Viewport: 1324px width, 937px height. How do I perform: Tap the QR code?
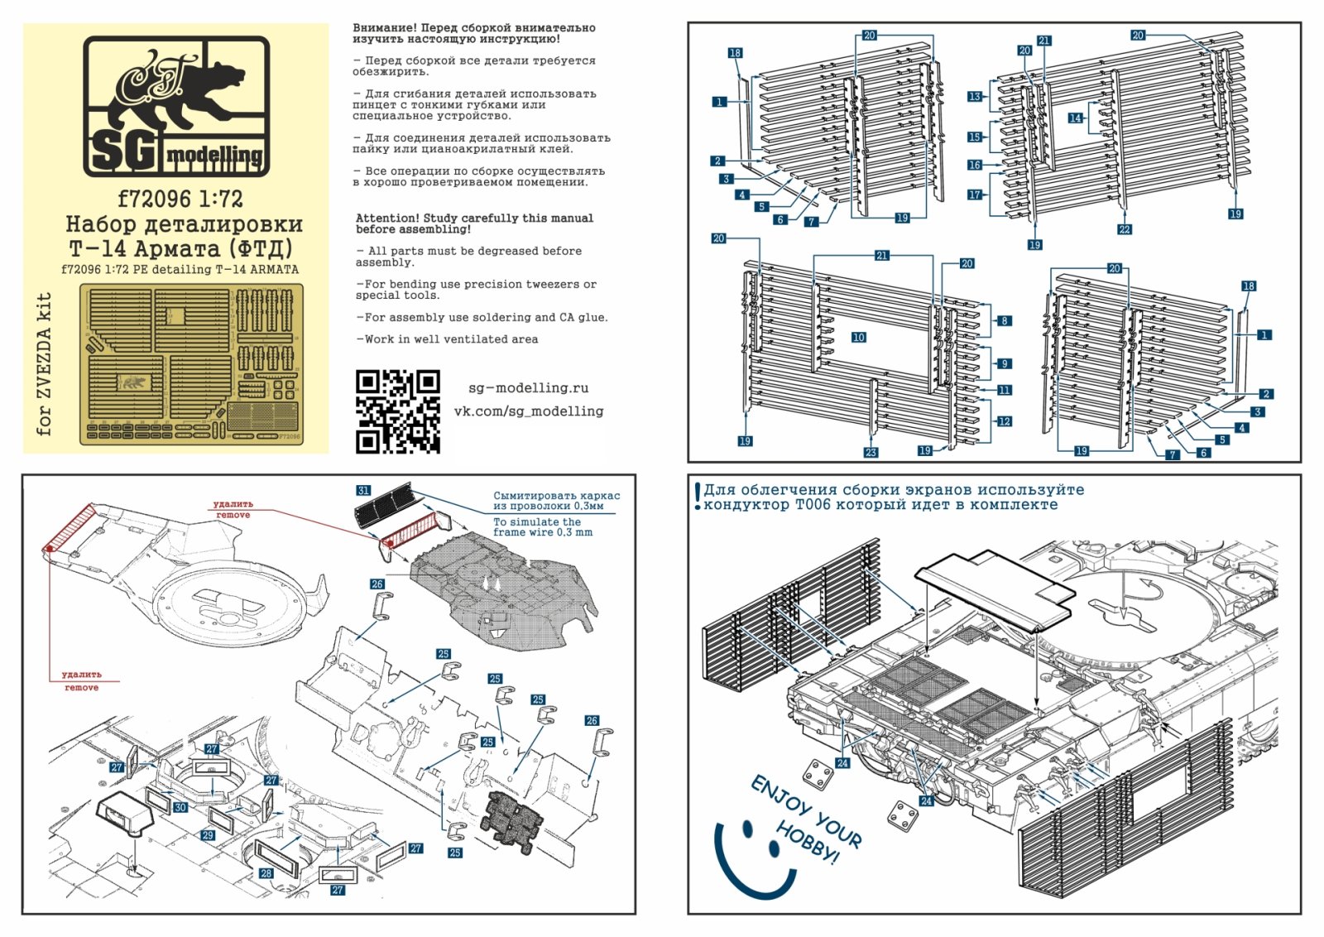coord(397,411)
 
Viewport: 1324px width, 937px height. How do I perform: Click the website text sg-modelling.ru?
coord(528,387)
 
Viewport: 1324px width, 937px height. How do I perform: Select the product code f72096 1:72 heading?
coord(180,199)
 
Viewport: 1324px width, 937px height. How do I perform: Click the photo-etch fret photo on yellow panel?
coord(191,363)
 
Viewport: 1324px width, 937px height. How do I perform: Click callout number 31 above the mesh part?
coord(363,491)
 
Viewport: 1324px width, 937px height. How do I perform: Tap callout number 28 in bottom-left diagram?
coord(266,872)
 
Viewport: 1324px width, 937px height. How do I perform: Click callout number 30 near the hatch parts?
coord(180,807)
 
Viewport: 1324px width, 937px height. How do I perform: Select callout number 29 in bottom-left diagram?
coord(208,835)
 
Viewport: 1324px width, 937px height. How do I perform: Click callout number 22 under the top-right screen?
coord(1124,229)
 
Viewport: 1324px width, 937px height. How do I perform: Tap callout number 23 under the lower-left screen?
coord(871,452)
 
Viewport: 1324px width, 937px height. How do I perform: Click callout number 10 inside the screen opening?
coord(858,337)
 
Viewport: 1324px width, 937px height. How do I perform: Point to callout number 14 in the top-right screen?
coord(1075,118)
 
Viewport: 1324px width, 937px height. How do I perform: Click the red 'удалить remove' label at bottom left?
coord(81,681)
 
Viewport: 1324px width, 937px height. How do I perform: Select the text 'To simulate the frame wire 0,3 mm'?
coord(543,527)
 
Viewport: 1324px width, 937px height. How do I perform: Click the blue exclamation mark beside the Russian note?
coord(698,497)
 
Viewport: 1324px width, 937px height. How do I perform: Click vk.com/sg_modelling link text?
coord(528,411)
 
